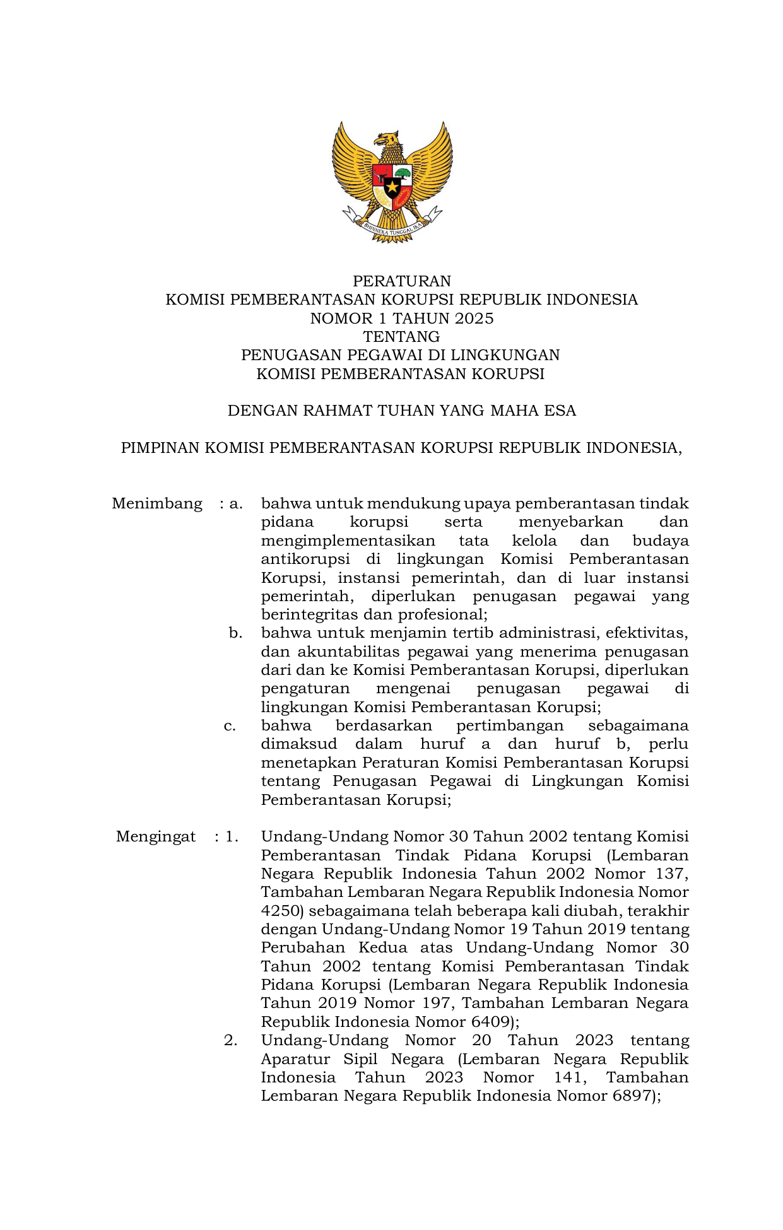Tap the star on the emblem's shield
point(392,186)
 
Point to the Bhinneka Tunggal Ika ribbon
point(392,231)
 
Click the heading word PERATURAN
point(401,281)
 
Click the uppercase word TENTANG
point(401,336)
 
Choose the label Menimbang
point(157,503)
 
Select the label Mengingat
point(156,836)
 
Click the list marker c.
point(230,725)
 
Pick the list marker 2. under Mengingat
point(231,1040)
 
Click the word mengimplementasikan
point(348,541)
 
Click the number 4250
point(282,911)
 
